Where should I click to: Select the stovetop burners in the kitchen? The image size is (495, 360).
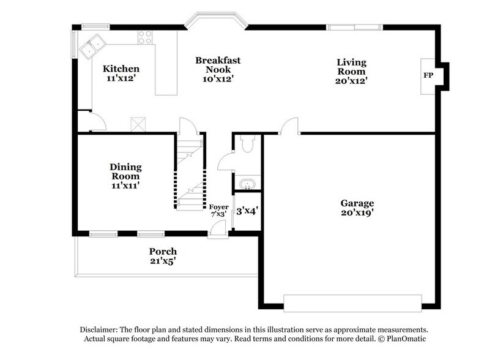tap(145, 37)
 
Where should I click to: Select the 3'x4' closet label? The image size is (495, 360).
tap(247, 210)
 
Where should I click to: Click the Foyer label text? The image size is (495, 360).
tap(218, 206)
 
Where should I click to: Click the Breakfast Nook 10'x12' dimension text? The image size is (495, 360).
tap(218, 78)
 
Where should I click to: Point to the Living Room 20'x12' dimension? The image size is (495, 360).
tap(351, 80)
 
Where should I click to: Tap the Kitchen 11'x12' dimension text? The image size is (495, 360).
tap(121, 78)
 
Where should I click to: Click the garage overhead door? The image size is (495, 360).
tap(352, 301)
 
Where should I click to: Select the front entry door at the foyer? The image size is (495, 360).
tap(217, 230)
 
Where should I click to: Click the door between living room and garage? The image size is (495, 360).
tap(289, 127)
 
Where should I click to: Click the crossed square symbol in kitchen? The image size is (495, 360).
tap(139, 124)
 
